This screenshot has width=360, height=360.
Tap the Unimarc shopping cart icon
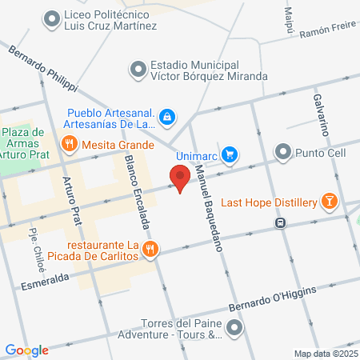(230, 153)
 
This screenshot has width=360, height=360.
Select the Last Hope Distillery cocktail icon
(329, 202)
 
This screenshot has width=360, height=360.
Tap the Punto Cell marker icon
(283, 151)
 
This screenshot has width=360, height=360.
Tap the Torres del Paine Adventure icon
(234, 327)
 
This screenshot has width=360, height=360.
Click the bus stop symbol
(281, 223)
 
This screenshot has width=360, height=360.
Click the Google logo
(26, 350)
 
